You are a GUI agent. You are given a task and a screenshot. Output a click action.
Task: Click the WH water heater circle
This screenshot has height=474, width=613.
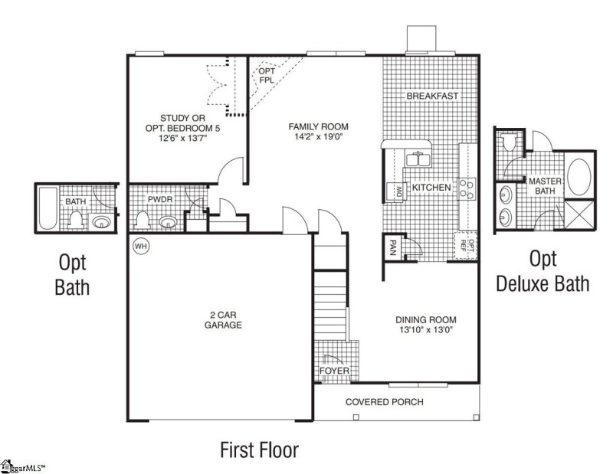pyautogui.click(x=140, y=246)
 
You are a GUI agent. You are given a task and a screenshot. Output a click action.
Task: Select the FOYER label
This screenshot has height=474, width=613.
pyautogui.click(x=334, y=371)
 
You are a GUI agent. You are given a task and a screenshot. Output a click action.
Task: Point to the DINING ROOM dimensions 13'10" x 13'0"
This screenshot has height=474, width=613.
pyautogui.click(x=425, y=332)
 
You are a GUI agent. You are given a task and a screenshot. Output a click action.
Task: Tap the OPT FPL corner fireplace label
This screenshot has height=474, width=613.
pyautogui.click(x=266, y=75)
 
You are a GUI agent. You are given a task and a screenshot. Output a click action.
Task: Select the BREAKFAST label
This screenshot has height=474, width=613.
pyautogui.click(x=432, y=96)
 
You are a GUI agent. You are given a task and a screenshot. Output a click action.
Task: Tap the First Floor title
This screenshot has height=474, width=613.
pyautogui.click(x=259, y=448)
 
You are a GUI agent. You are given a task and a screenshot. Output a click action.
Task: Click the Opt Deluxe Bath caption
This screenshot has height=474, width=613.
pyautogui.click(x=543, y=272)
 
